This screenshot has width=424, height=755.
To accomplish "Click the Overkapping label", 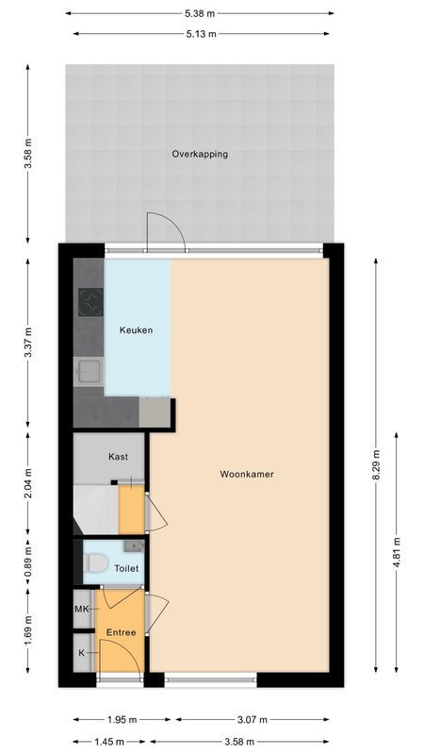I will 199,154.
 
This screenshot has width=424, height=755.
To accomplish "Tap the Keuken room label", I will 136,330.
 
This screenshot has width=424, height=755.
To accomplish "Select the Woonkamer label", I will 247,475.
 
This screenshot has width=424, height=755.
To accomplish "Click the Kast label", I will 118,457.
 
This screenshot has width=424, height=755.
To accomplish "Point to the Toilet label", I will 126,569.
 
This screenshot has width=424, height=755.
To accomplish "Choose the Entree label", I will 121,632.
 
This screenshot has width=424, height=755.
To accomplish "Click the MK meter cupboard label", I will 82,610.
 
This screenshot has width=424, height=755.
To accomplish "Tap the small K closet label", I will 81,653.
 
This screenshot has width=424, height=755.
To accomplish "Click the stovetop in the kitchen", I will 90,302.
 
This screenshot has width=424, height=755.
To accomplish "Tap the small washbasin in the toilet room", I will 135,545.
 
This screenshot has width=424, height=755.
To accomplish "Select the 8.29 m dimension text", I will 376,465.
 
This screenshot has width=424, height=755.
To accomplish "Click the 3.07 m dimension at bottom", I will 251,719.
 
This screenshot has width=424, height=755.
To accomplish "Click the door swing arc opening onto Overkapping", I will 157,230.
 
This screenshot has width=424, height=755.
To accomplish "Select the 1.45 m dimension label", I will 110,742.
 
